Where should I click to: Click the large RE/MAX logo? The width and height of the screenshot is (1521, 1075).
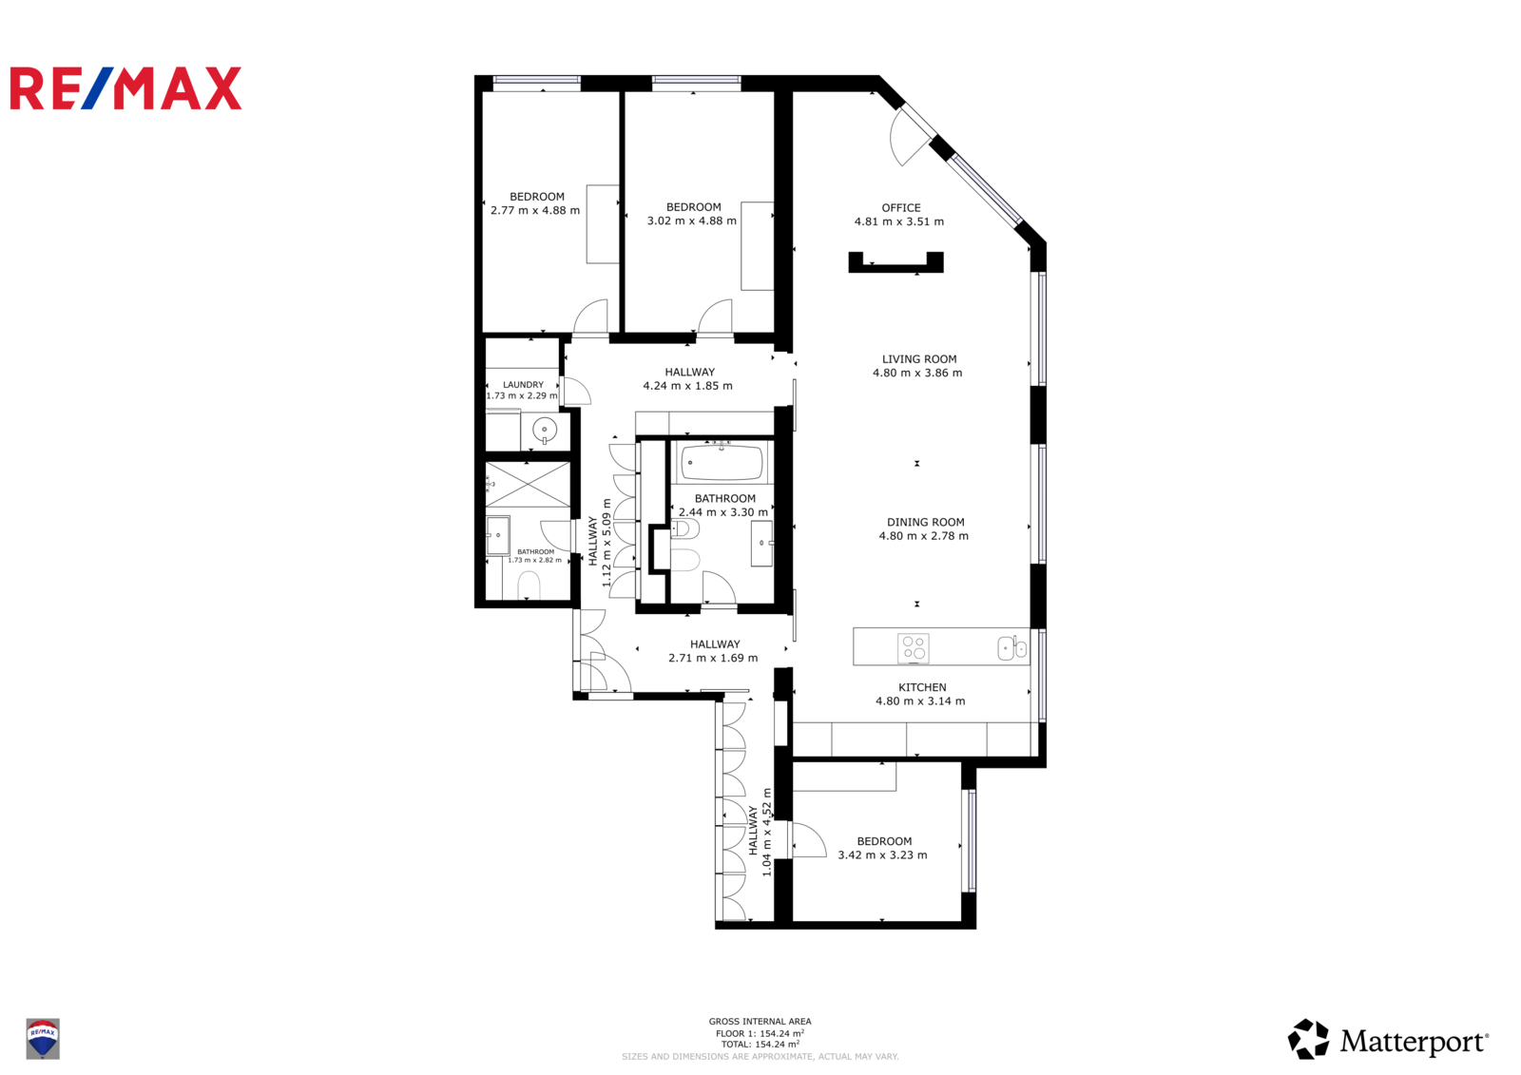125,88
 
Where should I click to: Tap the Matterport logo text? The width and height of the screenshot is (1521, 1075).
1415,1041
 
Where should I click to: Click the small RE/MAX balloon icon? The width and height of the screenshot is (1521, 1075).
43,1038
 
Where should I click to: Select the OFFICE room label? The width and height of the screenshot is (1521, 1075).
901,208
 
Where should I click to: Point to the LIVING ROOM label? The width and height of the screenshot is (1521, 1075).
919,358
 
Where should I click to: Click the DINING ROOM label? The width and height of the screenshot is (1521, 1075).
926,522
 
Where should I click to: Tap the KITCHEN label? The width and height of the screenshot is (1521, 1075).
922,687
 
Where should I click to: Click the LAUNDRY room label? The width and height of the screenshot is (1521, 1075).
523,384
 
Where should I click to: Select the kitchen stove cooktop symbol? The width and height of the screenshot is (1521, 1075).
914,648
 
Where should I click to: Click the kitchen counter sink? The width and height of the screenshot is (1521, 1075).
1011,648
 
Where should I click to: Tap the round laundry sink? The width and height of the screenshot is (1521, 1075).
545,430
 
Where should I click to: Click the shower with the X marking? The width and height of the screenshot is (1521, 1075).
528,484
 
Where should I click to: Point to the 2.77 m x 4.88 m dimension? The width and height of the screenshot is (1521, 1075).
535,210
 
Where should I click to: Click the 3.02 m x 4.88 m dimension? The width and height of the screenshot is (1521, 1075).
691,221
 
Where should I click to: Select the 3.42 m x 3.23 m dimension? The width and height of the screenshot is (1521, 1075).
882,855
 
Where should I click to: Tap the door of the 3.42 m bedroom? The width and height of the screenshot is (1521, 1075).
809,840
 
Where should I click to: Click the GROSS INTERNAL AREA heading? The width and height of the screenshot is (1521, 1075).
760,1022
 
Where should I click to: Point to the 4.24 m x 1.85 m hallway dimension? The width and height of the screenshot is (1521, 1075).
688,386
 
